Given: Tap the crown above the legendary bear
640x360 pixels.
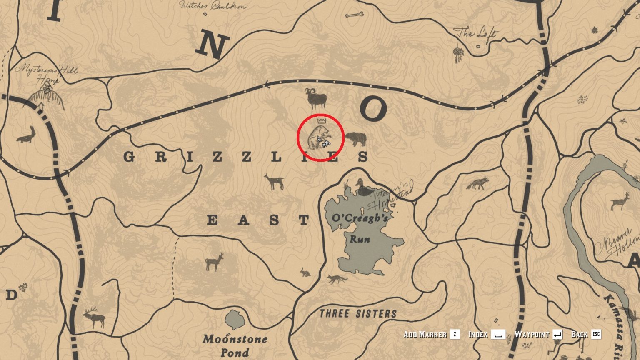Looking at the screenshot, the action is [x=321, y=121].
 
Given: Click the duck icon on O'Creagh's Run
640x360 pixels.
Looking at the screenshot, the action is [x=363, y=188].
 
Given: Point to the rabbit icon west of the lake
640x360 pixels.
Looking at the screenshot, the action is [x=305, y=272].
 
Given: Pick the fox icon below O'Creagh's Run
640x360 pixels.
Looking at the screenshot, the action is [x=337, y=279].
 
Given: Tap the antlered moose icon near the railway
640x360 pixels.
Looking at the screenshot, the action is [x=95, y=317].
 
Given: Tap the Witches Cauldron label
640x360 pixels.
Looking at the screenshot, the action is [x=213, y=6].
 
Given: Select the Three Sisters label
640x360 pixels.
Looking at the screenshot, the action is [x=358, y=314].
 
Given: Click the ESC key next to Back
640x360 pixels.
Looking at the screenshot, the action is [x=596, y=334].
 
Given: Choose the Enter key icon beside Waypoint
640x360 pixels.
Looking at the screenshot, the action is [x=557, y=334].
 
